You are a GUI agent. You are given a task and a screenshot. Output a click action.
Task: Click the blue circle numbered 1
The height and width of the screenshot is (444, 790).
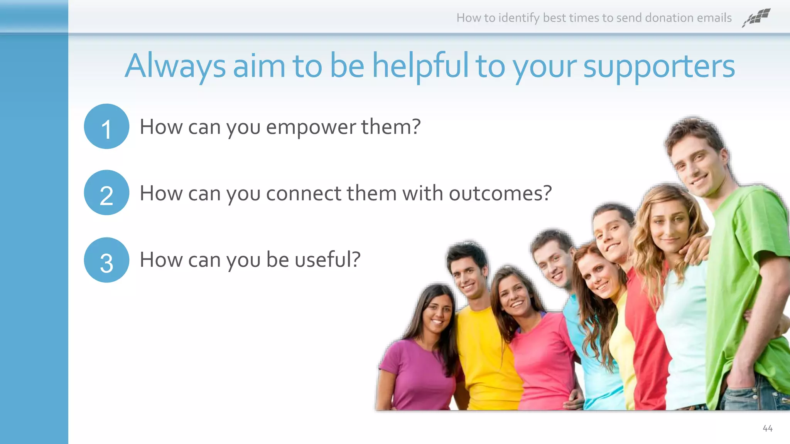[106, 126]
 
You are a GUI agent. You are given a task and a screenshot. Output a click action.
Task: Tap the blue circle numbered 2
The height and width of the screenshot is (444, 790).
[106, 193]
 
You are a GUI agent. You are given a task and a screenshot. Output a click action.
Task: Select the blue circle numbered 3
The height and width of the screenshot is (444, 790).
[106, 260]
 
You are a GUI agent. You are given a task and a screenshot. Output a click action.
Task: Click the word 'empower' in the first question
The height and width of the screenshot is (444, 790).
[311, 128]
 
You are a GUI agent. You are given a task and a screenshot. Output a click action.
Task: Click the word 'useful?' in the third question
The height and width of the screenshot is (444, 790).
[327, 260]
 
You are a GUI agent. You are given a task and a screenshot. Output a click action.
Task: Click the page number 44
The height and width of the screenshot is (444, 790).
[767, 429]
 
